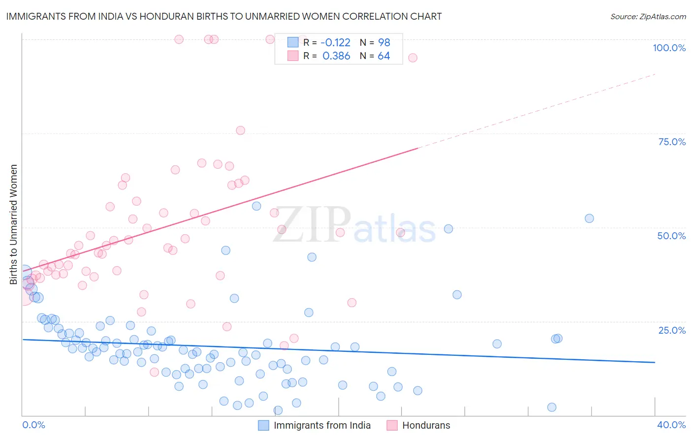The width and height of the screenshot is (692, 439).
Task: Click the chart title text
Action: [223, 16]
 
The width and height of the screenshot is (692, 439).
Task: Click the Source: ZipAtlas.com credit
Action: [648, 16]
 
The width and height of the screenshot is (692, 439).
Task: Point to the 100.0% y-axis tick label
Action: [669, 48]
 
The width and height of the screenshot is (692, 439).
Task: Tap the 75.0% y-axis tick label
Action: [672, 142]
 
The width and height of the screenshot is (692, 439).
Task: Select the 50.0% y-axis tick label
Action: [671, 236]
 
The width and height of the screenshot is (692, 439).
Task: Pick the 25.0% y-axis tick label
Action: [672, 330]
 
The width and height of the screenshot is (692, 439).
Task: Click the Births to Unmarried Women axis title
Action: [14, 224]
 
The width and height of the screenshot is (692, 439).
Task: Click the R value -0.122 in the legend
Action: [335, 42]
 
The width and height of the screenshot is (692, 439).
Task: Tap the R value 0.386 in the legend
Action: [336, 56]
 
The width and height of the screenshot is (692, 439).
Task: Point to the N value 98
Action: [384, 42]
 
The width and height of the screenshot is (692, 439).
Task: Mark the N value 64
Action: [384, 56]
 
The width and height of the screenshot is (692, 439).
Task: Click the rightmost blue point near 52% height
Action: [589, 219]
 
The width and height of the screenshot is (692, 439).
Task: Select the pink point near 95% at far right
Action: [413, 58]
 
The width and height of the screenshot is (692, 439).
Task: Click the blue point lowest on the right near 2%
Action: [552, 407]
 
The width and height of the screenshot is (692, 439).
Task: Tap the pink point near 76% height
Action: [241, 130]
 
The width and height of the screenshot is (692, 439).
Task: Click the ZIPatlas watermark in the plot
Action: [354, 225]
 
